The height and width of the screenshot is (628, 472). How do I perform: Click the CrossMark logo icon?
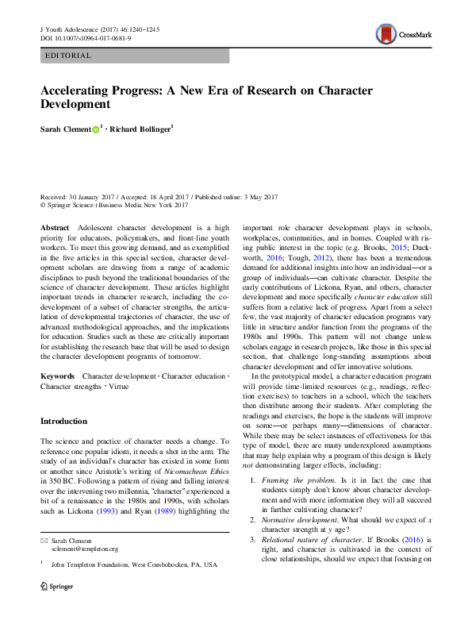coord(387,33)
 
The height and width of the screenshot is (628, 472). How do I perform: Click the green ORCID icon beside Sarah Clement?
coord(96,129)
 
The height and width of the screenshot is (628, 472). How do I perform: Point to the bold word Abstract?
coord(55,228)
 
